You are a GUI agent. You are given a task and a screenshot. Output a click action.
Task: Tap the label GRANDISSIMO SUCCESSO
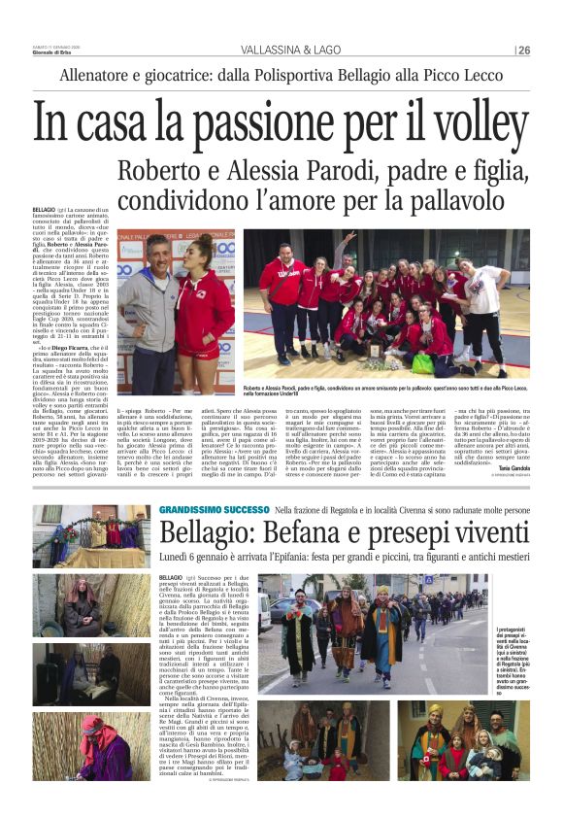214,510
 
